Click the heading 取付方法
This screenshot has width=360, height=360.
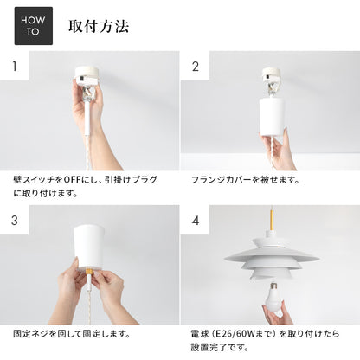[99, 26]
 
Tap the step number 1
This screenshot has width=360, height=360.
[14, 66]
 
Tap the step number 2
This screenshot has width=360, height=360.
[195, 66]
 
